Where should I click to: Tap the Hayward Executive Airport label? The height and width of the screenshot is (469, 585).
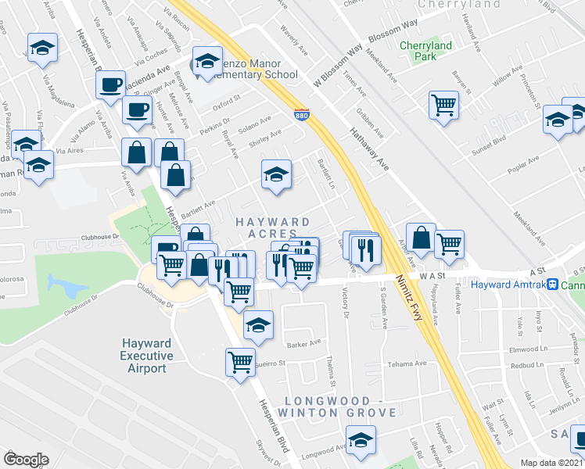tap(147, 356)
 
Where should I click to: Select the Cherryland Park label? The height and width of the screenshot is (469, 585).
tap(426, 51)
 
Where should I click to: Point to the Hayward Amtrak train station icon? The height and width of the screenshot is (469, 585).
tap(552, 285)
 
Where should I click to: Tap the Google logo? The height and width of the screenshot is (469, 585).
tap(26, 459)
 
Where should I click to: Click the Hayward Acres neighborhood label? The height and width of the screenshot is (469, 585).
tap(267, 227)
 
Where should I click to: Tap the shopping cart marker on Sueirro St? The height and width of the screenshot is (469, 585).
tap(241, 361)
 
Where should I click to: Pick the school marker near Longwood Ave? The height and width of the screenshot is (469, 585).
tap(361, 439)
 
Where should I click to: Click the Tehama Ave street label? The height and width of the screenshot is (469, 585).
tap(410, 363)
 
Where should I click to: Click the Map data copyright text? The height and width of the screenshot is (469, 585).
tap(552, 463)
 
